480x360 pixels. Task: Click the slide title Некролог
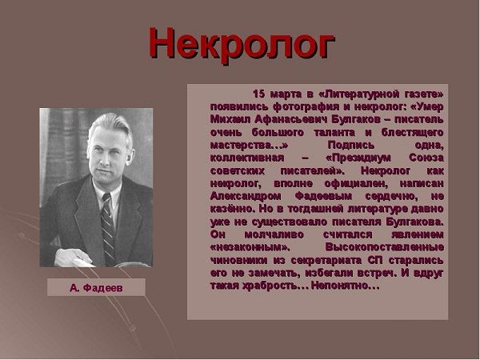[242, 45]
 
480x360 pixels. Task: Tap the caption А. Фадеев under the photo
[96, 288]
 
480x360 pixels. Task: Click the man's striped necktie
[108, 229]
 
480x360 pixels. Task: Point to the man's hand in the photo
[73, 258]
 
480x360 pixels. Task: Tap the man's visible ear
[130, 156]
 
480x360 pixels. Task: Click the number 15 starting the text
[258, 94]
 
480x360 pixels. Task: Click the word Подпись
[351, 145]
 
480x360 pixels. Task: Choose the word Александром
[246, 196]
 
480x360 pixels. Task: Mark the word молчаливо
[274, 234]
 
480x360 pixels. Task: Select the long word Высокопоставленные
[385, 247]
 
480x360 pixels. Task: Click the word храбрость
[270, 286]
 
